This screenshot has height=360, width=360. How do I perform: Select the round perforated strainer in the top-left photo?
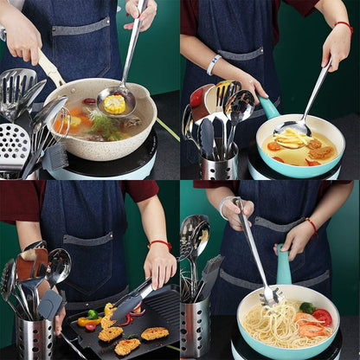14,141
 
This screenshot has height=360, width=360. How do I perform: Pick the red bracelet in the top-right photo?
344,28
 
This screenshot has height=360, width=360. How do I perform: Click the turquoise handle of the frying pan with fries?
269,108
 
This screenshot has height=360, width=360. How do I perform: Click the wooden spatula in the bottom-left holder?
31,265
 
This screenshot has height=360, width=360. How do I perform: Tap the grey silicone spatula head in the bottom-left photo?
49,304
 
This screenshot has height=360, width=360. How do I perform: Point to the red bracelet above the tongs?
159,245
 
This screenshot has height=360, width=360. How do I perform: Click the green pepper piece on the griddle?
92,314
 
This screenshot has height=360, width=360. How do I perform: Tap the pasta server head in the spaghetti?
270,297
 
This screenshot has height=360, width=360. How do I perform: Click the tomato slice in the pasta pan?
322,317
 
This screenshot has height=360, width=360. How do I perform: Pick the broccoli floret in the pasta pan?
307,307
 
